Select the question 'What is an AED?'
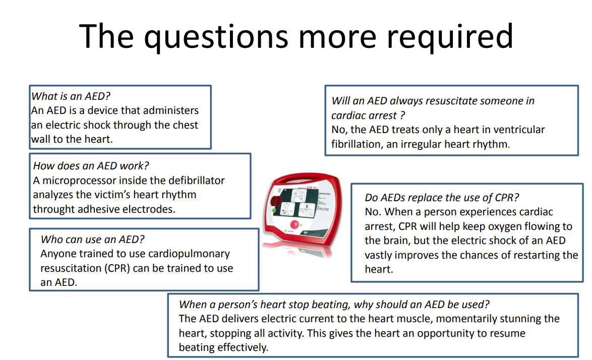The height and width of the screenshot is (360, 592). pyautogui.click(x=71, y=96)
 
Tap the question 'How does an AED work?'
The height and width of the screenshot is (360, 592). pyautogui.click(x=91, y=166)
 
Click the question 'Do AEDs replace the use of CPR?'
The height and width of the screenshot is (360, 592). pyautogui.click(x=442, y=198)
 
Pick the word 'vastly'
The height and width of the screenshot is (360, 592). pyautogui.click(x=379, y=255)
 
